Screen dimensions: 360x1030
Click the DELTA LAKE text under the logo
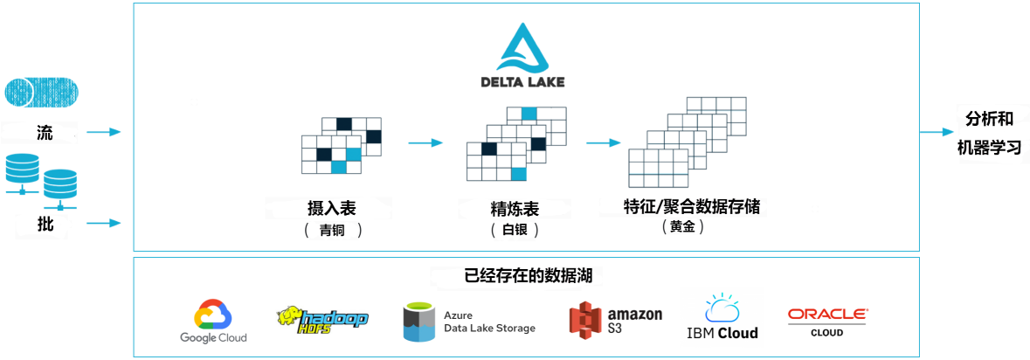(522, 82)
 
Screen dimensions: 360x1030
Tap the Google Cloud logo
(213, 322)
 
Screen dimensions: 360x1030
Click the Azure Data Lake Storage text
(489, 322)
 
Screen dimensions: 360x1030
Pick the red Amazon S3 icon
(584, 322)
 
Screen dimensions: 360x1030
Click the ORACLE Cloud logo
(826, 321)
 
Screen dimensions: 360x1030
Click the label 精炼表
(515, 210)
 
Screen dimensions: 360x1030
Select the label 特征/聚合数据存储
(691, 206)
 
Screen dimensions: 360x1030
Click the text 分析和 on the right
(989, 119)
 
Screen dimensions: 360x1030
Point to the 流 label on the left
(45, 132)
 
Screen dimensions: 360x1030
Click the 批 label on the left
(45, 223)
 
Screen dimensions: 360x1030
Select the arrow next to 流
(102, 132)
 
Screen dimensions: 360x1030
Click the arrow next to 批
(102, 223)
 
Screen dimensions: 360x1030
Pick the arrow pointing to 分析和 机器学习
(937, 132)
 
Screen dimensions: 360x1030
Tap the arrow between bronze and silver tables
(426, 142)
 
